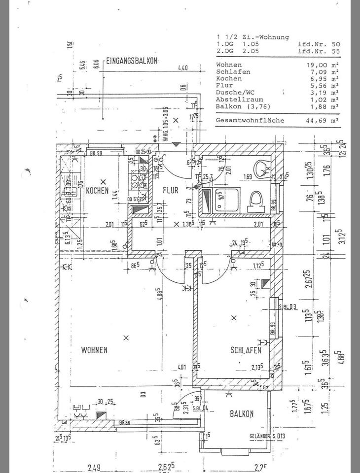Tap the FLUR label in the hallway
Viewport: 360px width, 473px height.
pyautogui.click(x=170, y=191)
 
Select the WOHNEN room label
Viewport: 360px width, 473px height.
pyautogui.click(x=94, y=350)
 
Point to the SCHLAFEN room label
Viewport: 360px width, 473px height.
pyautogui.click(x=246, y=350)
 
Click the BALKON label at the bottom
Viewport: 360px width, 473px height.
pyautogui.click(x=242, y=414)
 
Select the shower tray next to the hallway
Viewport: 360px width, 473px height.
pyautogui.click(x=219, y=202)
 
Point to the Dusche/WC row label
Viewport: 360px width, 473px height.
pyautogui.click(x=234, y=93)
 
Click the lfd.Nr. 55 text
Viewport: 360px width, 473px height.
pyautogui.click(x=319, y=51)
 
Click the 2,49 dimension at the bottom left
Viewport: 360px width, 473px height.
pyautogui.click(x=95, y=467)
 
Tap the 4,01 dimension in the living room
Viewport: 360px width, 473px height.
pyautogui.click(x=181, y=367)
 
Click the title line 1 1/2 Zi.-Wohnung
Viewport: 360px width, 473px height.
pyautogui.click(x=253, y=37)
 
